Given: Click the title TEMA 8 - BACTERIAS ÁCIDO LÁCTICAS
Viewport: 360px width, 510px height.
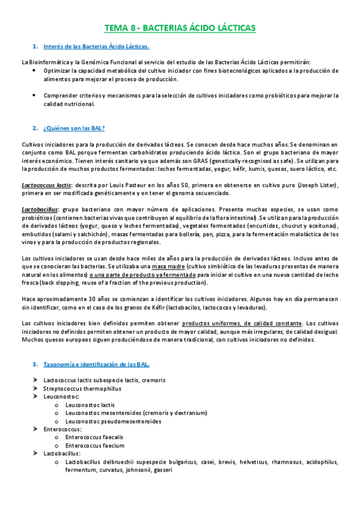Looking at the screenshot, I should [x=180, y=28].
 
